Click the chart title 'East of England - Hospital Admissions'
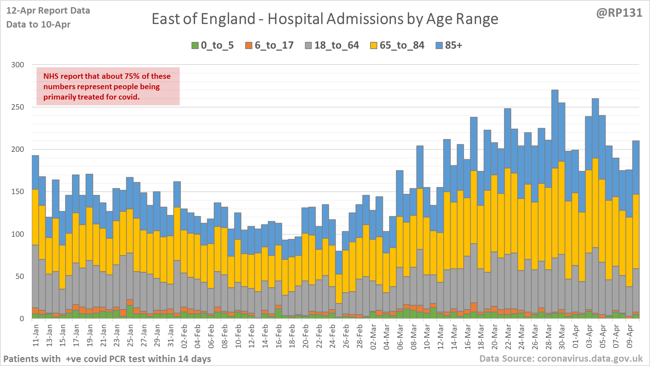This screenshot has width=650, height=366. tap(325, 19)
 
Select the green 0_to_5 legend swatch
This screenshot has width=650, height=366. tap(195, 45)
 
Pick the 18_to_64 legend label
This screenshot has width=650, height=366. tap(336, 45)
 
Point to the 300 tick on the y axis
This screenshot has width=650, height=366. tap(18, 65)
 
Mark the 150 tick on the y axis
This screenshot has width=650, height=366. tap(18, 192)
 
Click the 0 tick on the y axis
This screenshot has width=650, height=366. tap(22, 318)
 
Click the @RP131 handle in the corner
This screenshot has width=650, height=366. tap(619, 13)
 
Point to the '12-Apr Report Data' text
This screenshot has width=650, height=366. tap(48, 11)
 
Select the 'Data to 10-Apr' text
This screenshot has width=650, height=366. tap(38, 24)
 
